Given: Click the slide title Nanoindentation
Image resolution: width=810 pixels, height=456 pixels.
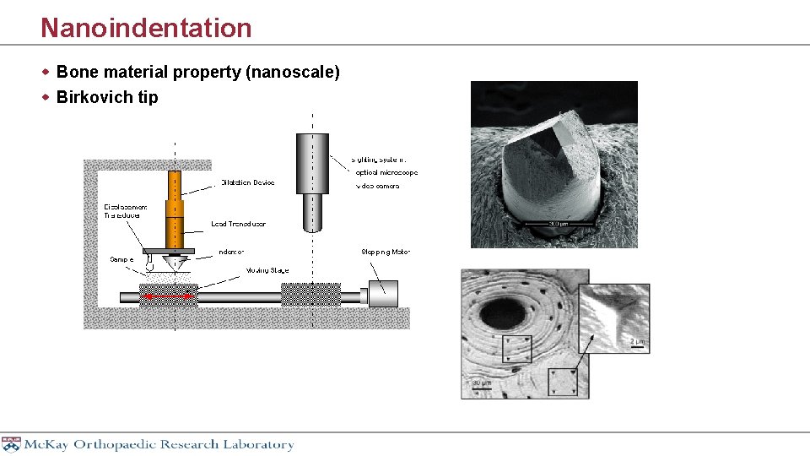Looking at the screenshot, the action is tap(146, 28).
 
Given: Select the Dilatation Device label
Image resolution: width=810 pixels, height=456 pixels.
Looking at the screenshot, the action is tap(247, 182).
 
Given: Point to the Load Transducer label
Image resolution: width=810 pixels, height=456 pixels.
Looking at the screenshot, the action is tap(238, 224).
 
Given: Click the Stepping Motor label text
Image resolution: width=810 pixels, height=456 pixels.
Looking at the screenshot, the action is tap(386, 252).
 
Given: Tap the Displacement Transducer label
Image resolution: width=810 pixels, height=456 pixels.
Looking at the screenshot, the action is tap(126, 211).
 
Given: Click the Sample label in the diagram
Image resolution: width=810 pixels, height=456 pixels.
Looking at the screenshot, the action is tap(121, 259).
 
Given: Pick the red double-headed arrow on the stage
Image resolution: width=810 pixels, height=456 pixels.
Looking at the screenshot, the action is tap(165, 296).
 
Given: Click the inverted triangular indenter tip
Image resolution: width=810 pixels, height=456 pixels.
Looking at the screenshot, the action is tap(175, 263).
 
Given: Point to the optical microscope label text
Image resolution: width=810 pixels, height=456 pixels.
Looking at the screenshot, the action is tap(386, 172).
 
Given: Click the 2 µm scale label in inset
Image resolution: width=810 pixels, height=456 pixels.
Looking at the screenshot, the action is tap(637, 341).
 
